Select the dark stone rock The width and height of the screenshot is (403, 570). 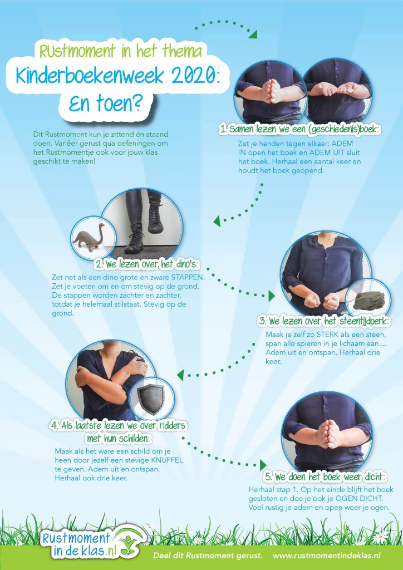369,300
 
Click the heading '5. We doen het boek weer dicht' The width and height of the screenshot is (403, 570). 325,477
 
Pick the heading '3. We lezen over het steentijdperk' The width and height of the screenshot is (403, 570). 325,321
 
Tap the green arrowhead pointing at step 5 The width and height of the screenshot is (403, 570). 263,465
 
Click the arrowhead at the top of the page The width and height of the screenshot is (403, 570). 253,35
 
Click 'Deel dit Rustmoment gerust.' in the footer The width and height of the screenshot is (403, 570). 208,556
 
